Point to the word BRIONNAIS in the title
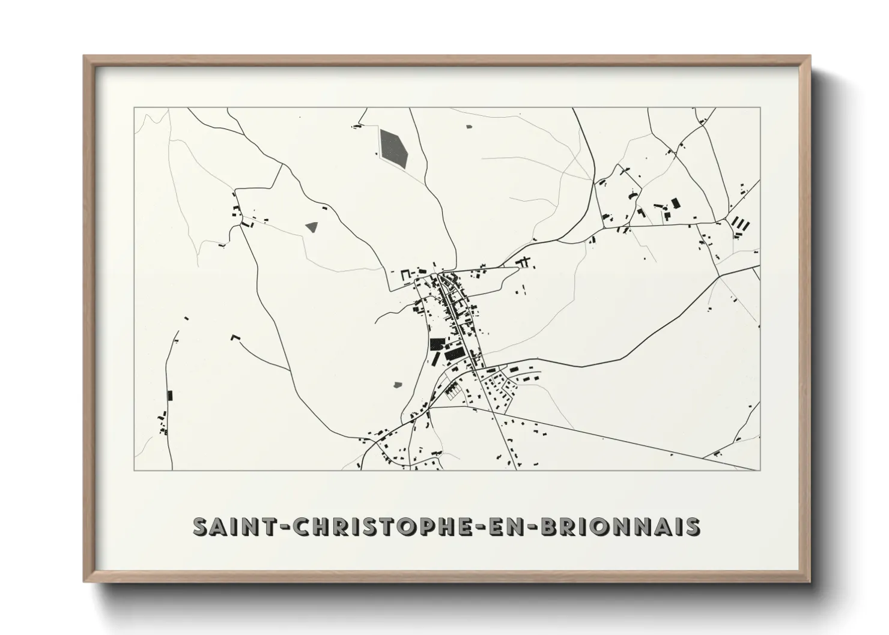coord(620,526)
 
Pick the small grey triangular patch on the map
coord(311,227)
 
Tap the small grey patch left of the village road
coord(398,384)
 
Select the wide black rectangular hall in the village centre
coord(455,354)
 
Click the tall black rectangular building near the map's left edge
coord(170,396)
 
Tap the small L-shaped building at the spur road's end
coord(235,337)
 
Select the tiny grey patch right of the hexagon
coord(469,127)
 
